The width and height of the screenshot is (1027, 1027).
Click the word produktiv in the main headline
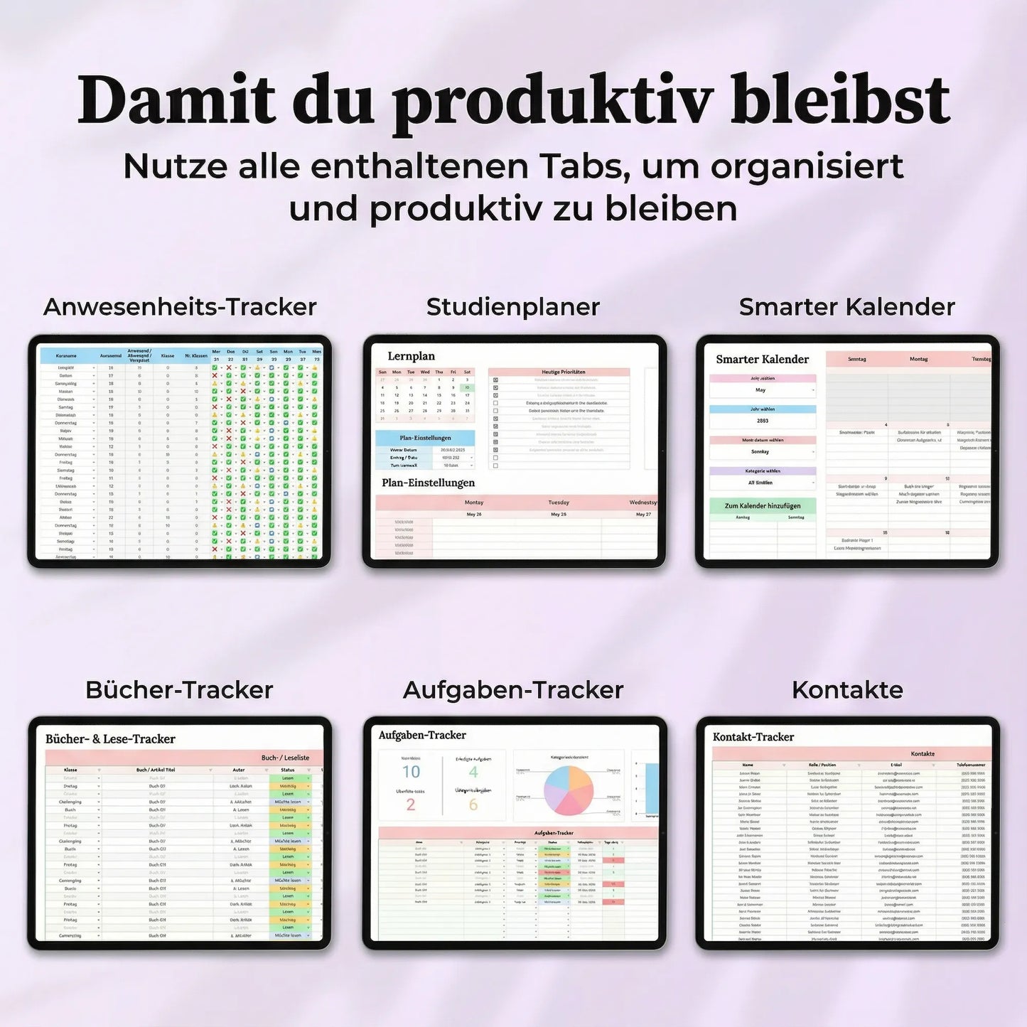(553, 102)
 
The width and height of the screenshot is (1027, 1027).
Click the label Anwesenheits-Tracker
(180, 306)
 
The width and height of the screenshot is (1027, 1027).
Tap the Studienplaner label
(513, 306)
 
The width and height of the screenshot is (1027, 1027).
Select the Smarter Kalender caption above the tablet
(847, 306)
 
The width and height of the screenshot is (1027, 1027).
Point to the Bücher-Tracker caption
(180, 689)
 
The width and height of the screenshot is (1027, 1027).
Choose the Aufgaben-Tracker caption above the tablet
(513, 689)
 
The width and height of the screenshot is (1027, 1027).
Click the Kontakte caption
(847, 689)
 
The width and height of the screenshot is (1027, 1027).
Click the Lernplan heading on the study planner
(411, 356)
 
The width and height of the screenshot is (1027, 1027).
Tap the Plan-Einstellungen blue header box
(425, 438)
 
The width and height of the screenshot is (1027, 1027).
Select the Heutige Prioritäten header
(559, 372)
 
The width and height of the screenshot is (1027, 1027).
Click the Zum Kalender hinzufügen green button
(763, 505)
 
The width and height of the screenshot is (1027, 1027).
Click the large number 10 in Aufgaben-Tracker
(411, 772)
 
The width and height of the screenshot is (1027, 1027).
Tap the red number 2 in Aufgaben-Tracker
(410, 805)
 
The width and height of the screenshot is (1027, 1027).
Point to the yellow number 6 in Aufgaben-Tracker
(473, 805)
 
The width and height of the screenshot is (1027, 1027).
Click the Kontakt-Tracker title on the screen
(753, 737)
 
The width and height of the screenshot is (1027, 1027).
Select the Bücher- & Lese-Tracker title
(110, 739)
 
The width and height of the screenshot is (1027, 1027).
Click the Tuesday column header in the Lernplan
(559, 502)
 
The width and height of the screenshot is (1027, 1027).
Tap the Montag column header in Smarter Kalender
(918, 359)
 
